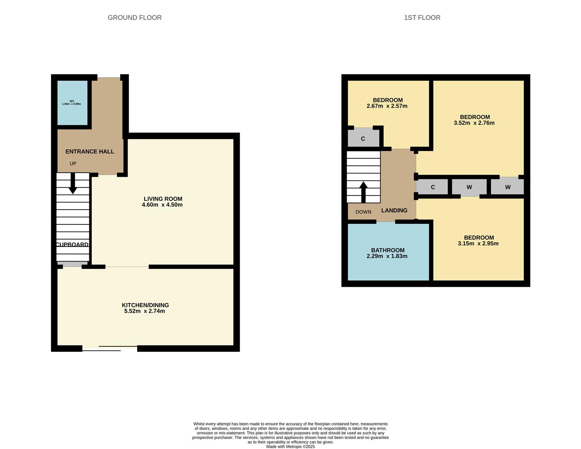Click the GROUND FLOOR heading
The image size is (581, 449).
tap(135, 17)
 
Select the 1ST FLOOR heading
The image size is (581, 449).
tap(422, 17)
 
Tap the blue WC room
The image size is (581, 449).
tap(72, 103)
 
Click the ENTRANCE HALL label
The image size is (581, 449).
tap(90, 151)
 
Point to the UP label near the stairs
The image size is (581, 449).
tap(73, 163)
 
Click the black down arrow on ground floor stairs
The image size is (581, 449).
tap(73, 183)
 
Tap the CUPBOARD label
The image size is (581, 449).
tap(72, 244)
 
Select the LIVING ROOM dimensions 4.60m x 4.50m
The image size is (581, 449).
tap(162, 205)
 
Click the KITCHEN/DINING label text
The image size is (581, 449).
tap(145, 305)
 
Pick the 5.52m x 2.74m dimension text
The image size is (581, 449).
tap(144, 311)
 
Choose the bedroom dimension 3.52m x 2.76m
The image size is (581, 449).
tap(474, 123)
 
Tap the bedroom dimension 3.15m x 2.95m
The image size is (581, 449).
tap(478, 244)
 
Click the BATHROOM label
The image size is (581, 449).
tap(388, 250)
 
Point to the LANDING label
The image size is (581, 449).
tap(394, 210)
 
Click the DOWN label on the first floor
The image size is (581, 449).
tap(363, 212)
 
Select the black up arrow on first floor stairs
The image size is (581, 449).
tap(363, 192)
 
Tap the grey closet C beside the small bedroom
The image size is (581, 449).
tap(363, 138)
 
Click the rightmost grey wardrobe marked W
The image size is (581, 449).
tap(507, 187)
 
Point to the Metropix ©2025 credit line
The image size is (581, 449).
tap(290, 447)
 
